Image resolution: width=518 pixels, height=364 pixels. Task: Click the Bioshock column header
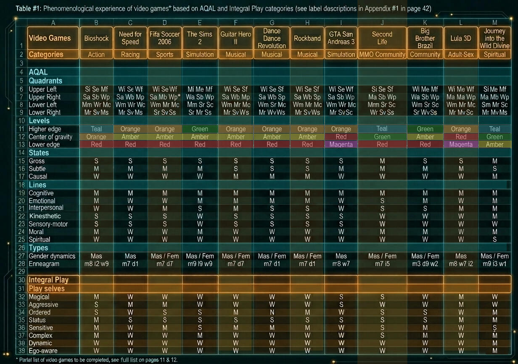[x=96, y=38]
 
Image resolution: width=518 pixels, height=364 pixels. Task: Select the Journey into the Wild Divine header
[x=494, y=38]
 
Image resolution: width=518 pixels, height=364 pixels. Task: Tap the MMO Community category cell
[x=382, y=54]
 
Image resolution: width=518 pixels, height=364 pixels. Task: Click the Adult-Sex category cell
[x=461, y=54]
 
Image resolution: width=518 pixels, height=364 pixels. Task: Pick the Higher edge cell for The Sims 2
[x=200, y=129]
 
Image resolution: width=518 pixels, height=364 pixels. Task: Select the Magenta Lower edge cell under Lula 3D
[x=461, y=145]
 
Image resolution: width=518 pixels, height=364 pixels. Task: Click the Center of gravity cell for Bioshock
[x=96, y=136]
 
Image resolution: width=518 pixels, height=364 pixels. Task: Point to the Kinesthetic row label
[x=45, y=216]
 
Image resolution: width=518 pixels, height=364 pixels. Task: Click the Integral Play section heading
[x=49, y=280]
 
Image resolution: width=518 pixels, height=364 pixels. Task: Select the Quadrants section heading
[x=45, y=80]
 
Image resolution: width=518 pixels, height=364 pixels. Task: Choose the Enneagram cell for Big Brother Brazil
[x=425, y=264]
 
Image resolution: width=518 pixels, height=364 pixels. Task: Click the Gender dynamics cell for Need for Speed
[x=130, y=256]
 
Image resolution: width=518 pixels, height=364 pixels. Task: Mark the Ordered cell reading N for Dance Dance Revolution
[x=272, y=312]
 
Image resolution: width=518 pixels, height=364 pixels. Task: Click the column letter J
[x=382, y=23]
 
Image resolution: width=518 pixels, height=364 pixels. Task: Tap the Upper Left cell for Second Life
[x=382, y=89]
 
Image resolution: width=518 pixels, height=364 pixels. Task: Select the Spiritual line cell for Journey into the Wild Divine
[x=494, y=239]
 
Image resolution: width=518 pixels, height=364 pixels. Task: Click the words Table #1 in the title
[x=28, y=9]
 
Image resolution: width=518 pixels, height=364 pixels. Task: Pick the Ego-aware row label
[x=43, y=351]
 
